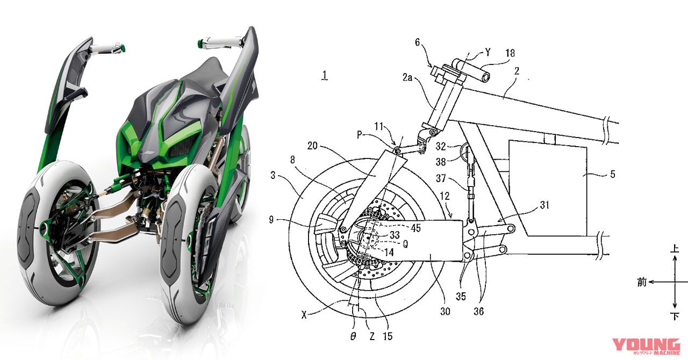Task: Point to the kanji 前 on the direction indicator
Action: [x=642, y=282]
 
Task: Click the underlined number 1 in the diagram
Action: [x=324, y=76]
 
